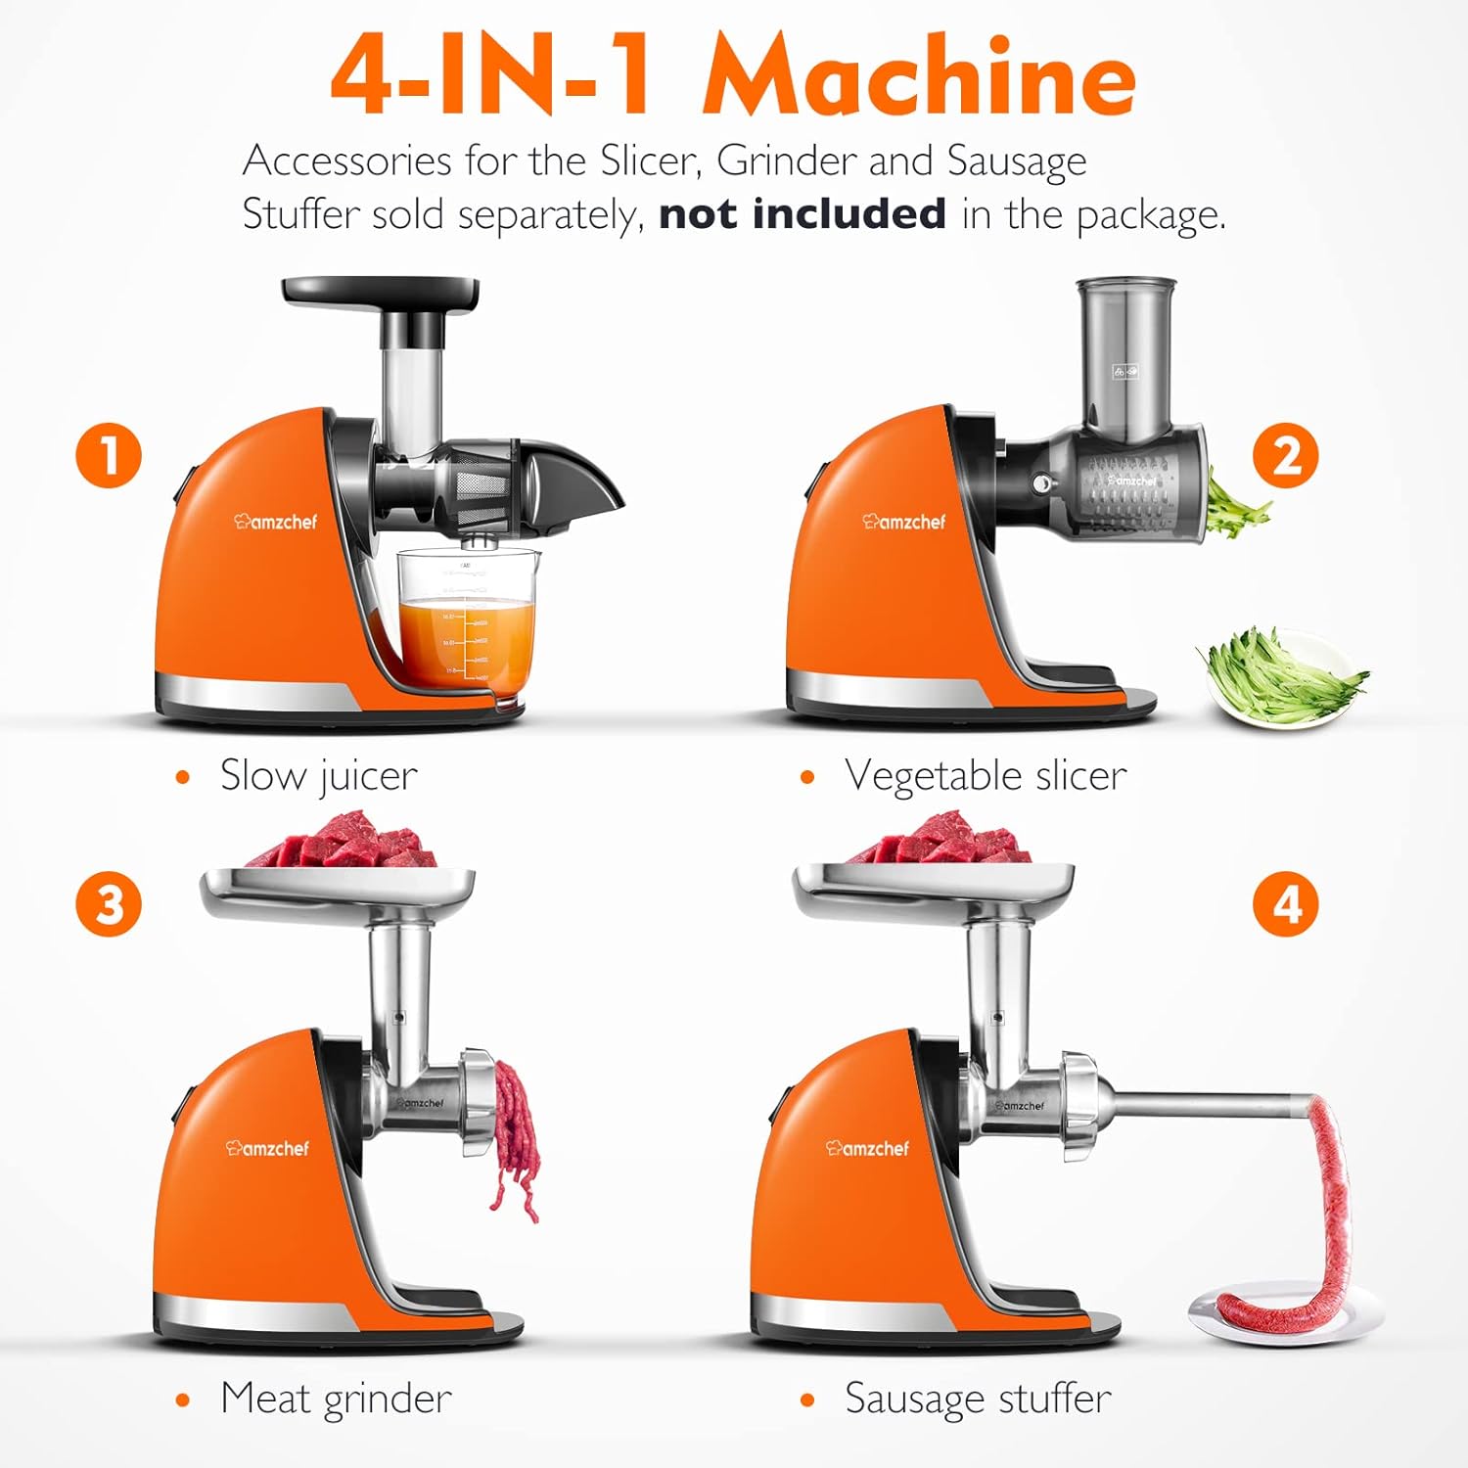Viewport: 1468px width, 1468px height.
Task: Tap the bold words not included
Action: [802, 213]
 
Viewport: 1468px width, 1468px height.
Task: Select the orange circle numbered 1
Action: [109, 455]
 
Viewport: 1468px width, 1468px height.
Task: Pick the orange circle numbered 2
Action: [1286, 455]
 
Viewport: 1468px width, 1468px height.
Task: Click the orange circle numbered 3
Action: [109, 903]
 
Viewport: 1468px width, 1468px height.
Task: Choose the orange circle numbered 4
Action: [1285, 903]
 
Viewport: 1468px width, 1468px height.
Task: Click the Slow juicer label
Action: [318, 776]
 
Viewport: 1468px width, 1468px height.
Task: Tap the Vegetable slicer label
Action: [985, 776]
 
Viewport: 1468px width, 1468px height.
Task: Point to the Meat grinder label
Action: [336, 1399]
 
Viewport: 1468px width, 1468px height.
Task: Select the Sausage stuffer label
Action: [978, 1399]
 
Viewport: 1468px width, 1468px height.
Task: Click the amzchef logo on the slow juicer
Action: [276, 522]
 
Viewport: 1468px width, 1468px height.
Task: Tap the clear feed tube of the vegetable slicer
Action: [1125, 357]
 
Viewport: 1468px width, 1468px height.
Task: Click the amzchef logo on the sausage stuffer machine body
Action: [867, 1148]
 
